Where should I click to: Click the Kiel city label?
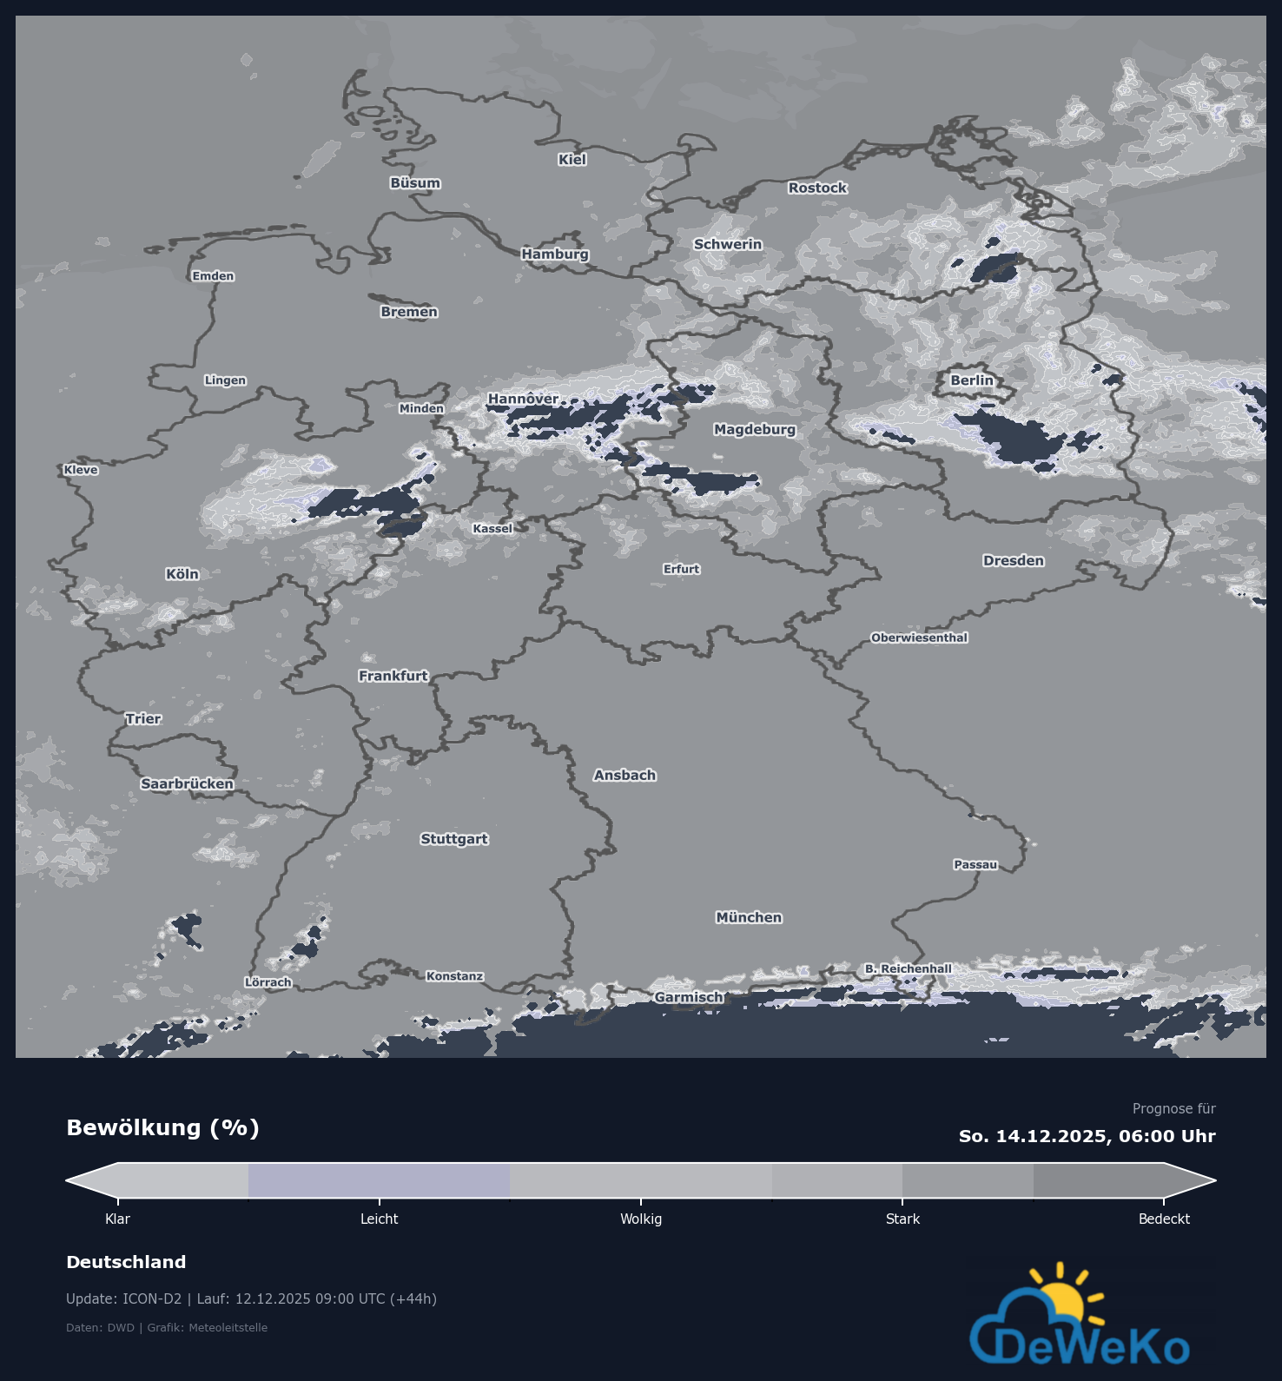click(x=572, y=160)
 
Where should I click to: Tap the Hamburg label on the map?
click(x=555, y=254)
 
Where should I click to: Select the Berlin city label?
click(x=972, y=380)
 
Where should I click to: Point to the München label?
click(x=749, y=918)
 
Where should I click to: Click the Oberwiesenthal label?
click(x=919, y=638)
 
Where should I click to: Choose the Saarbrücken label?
click(x=187, y=784)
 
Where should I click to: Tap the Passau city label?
click(x=975, y=865)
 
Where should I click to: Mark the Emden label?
click(x=213, y=277)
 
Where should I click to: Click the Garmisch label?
click(x=689, y=998)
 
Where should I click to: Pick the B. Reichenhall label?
click(x=908, y=969)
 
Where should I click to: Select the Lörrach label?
click(x=268, y=983)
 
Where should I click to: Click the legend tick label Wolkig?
click(x=641, y=1219)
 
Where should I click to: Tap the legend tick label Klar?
click(x=117, y=1219)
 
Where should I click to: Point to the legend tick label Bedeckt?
click(x=1164, y=1219)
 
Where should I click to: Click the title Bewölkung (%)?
click(x=162, y=1128)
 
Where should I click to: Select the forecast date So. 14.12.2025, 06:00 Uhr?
click(x=1087, y=1137)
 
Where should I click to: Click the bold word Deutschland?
click(x=126, y=1263)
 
